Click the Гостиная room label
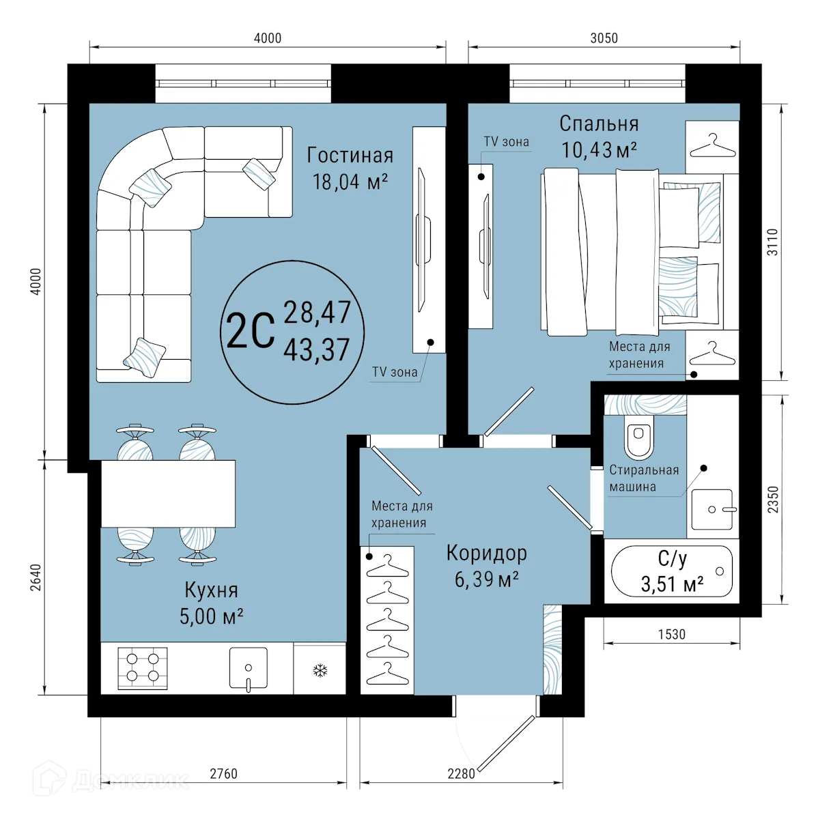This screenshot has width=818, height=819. (x=350, y=156)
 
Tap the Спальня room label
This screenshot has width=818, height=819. (x=599, y=124)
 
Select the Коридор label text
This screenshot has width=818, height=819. (x=486, y=552)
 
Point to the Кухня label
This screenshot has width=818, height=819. (x=211, y=589)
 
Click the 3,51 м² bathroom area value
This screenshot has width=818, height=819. (x=672, y=584)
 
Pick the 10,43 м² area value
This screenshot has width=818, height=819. (x=599, y=149)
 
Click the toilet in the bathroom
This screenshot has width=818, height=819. (x=638, y=437)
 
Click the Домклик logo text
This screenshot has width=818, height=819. (x=130, y=780)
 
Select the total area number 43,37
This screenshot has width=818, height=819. (x=316, y=350)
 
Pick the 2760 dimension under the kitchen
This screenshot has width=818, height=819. (x=223, y=774)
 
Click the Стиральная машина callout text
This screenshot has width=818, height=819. (x=643, y=478)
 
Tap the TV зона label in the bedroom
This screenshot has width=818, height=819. (x=506, y=142)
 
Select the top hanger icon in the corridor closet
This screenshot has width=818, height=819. (x=386, y=564)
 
